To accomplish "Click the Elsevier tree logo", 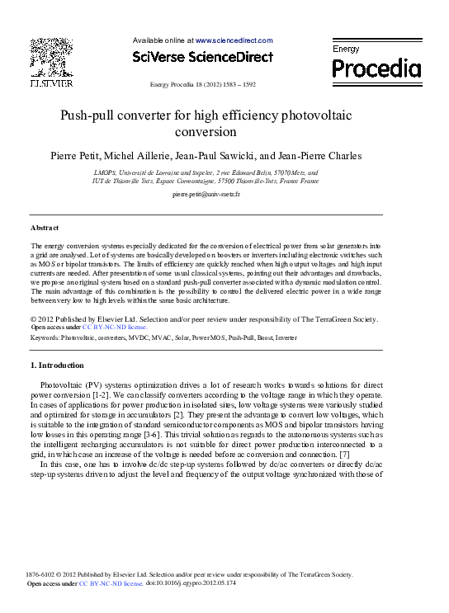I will [51, 57].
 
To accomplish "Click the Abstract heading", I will [44, 227].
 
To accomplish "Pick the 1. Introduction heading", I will [56, 365].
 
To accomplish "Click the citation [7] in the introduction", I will [345, 455].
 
